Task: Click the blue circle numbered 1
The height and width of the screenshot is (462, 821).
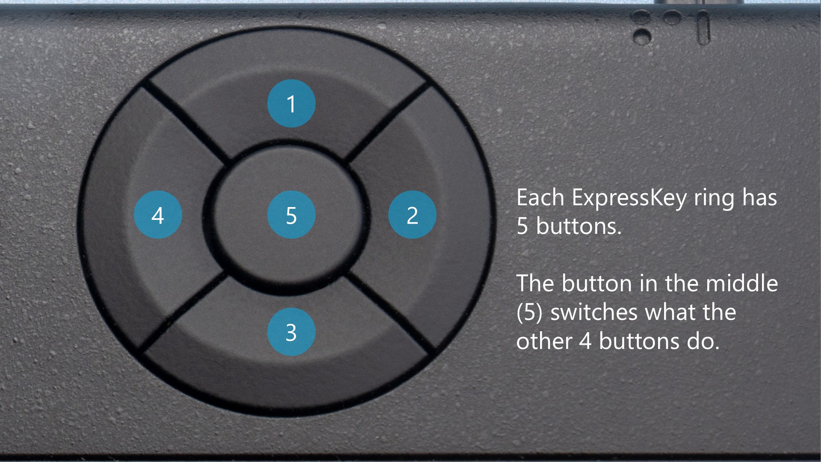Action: (x=291, y=103)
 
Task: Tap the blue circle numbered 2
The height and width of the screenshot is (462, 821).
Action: (x=412, y=214)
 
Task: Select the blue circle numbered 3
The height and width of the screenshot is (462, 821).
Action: (x=291, y=332)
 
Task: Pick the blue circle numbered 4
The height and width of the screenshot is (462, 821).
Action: (x=158, y=214)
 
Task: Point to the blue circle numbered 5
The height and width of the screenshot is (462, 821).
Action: (x=291, y=214)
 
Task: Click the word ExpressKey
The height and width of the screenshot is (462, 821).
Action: (x=629, y=198)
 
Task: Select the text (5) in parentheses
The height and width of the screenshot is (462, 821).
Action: (x=529, y=312)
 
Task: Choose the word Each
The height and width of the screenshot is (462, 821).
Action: (x=540, y=198)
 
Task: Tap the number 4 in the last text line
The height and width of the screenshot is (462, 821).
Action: (x=585, y=342)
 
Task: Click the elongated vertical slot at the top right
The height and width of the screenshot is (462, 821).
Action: (x=703, y=27)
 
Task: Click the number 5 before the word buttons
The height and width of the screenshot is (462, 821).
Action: (x=522, y=226)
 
